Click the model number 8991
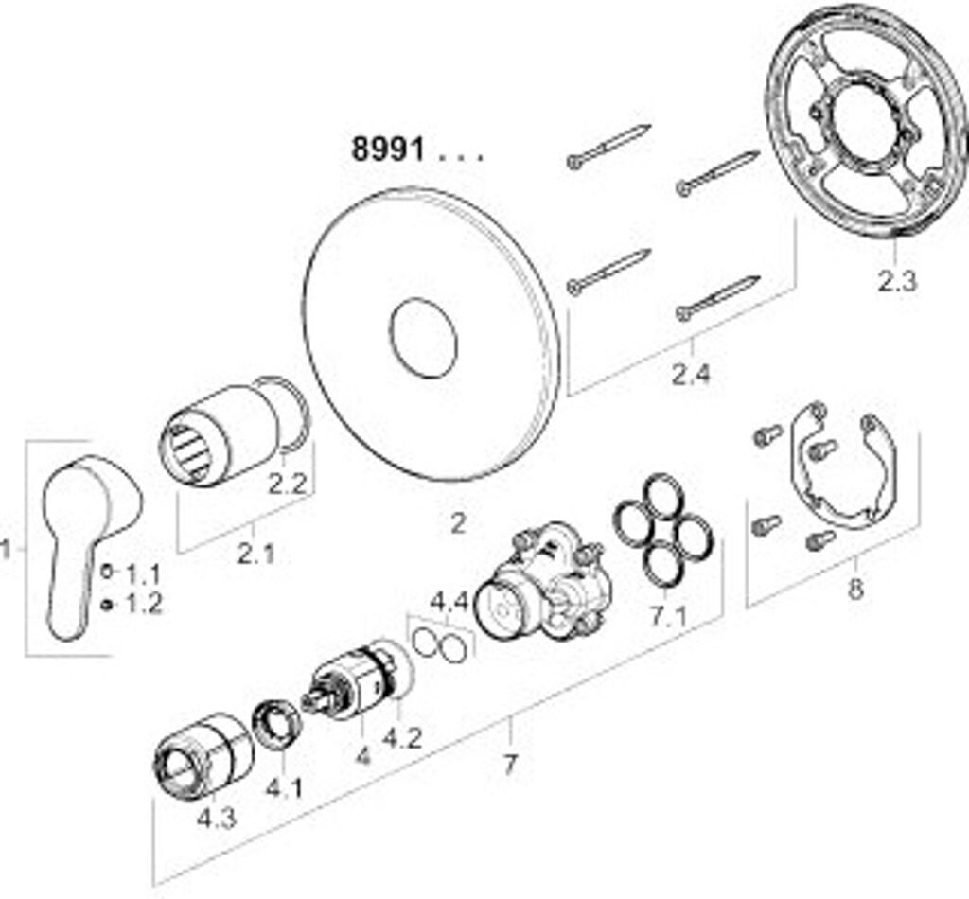(388, 149)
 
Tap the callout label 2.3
(896, 281)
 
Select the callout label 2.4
(690, 375)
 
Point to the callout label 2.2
(286, 485)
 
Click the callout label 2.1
(255, 554)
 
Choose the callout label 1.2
(143, 604)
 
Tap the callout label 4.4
(449, 601)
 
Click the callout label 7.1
(667, 617)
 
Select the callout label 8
(855, 589)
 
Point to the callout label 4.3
(216, 818)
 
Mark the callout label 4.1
(284, 786)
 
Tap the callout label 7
(510, 765)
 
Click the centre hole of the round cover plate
(423, 338)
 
